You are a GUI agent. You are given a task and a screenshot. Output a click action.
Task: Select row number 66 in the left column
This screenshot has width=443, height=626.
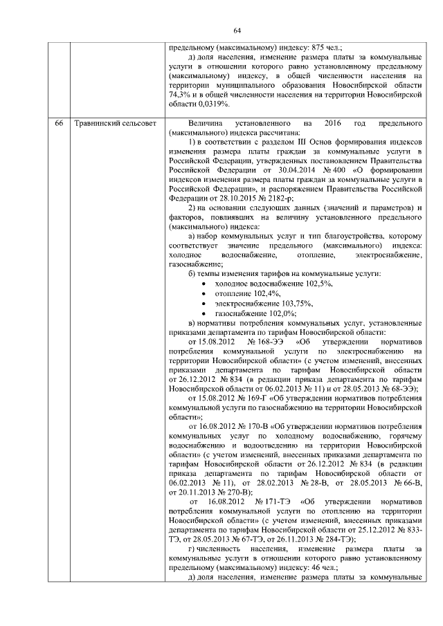(x=60, y=122)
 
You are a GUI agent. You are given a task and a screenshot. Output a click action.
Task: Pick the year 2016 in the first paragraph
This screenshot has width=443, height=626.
(x=333, y=122)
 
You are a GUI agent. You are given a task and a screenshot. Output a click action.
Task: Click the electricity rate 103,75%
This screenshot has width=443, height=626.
(x=290, y=304)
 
